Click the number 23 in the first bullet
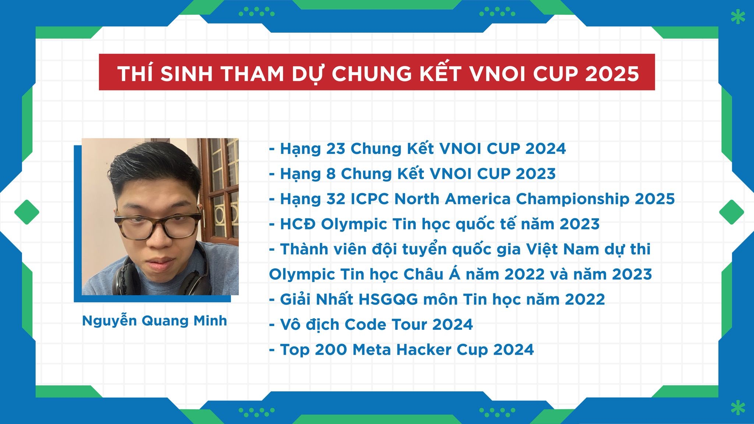click(336, 149)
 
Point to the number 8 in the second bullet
click(331, 174)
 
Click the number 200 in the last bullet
click(331, 349)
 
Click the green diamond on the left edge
click(27, 212)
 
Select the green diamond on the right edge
click(732, 212)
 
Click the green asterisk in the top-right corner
click(737, 17)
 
